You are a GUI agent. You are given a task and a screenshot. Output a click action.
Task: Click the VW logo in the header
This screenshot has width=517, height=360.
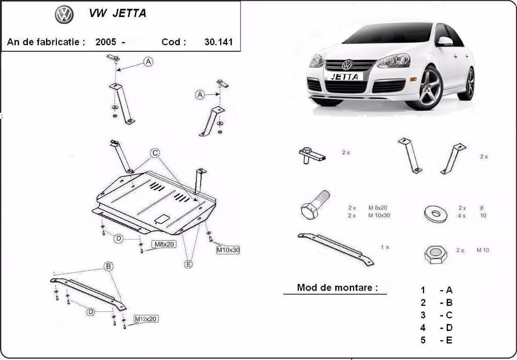(64, 14)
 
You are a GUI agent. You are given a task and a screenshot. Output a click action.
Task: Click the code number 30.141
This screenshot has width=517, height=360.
(219, 42)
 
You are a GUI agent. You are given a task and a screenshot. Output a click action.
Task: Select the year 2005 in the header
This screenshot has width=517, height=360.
(105, 42)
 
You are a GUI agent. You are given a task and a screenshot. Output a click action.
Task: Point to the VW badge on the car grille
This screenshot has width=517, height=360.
(347, 65)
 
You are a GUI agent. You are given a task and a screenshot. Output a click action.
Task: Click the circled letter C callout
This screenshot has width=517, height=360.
(155, 153)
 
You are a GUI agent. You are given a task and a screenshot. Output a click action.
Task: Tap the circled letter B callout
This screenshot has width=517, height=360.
(109, 266)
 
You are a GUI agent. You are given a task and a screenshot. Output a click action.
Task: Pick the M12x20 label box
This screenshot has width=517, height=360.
(146, 319)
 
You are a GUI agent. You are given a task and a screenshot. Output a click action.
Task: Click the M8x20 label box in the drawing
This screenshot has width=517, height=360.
(163, 244)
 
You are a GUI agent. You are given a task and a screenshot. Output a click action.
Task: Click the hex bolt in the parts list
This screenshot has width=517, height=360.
(313, 205)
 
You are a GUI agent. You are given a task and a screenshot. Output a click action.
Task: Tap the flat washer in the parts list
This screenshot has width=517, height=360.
(435, 212)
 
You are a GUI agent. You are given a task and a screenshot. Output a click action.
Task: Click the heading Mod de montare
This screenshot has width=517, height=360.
(337, 288)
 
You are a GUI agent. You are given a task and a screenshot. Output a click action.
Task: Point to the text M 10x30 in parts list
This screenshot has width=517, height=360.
(379, 215)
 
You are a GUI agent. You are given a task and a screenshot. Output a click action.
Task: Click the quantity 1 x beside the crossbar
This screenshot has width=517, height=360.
(385, 247)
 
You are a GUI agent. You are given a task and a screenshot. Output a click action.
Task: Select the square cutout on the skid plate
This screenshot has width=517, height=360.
(162, 218)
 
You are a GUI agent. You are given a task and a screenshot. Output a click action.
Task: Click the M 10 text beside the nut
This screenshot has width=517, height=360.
(482, 250)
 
